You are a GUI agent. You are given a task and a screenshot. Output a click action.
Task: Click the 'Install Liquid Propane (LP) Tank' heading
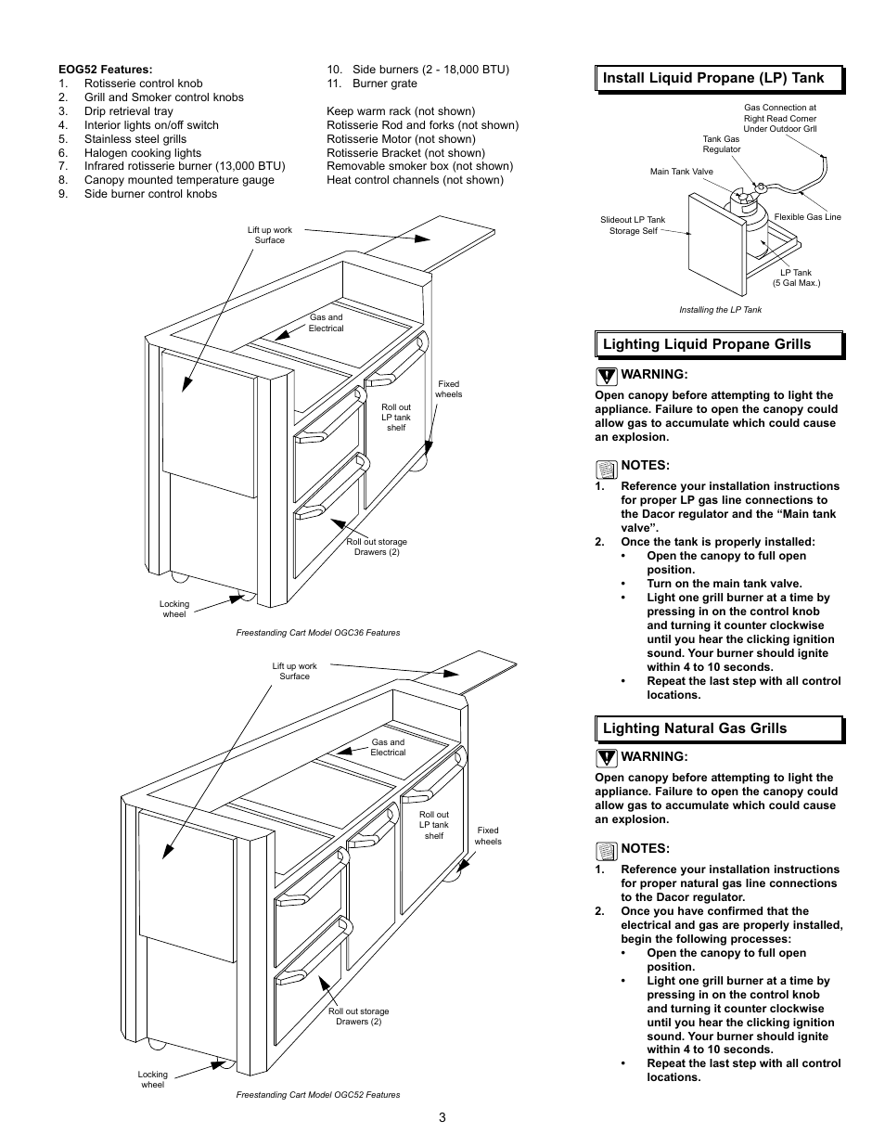click(x=712, y=78)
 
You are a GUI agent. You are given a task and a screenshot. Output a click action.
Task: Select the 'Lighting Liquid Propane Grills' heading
click(x=706, y=344)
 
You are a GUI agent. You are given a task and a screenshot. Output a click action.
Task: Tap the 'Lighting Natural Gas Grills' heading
click(x=694, y=728)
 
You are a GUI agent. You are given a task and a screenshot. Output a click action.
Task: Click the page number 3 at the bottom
click(x=442, y=1116)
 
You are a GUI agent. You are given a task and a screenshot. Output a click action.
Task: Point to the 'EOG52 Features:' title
click(x=105, y=70)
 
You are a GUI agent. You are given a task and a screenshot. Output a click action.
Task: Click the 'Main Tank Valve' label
click(x=681, y=172)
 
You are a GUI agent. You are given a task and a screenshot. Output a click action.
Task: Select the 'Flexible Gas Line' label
click(x=807, y=217)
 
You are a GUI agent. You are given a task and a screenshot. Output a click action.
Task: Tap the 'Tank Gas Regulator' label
click(x=721, y=144)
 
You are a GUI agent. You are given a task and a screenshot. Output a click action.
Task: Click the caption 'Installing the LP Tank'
click(x=720, y=310)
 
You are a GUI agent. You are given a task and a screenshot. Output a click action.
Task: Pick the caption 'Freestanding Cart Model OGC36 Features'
click(x=318, y=633)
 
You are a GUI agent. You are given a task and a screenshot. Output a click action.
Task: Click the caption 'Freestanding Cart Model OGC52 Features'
click(x=318, y=1095)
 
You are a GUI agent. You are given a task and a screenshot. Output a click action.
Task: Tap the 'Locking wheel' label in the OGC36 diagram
click(x=173, y=609)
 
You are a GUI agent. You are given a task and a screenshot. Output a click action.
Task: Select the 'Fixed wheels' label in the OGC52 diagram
click(x=487, y=836)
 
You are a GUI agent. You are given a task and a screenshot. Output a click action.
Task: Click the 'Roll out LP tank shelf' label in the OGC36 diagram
click(x=396, y=418)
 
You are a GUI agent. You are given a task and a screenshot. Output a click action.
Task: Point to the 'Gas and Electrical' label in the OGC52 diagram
click(x=388, y=747)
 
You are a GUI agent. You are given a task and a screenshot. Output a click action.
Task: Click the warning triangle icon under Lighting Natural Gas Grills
click(x=606, y=757)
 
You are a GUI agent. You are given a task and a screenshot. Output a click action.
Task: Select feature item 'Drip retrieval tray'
click(x=128, y=111)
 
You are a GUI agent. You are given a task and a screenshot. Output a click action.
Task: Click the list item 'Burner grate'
click(x=384, y=84)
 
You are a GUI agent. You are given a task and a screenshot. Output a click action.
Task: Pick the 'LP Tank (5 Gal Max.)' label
click(x=796, y=277)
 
